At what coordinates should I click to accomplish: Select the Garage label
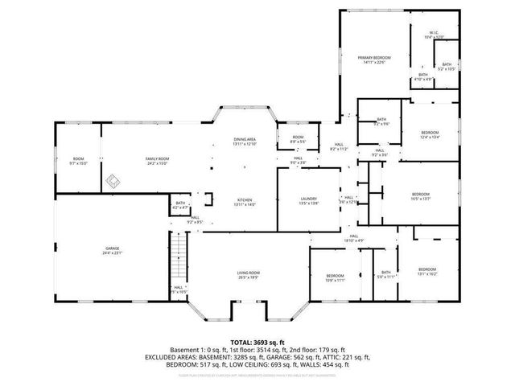point(112,249)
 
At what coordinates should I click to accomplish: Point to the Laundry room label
point(309,200)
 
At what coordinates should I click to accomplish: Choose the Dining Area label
point(245,138)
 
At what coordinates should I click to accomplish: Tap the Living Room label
point(248,273)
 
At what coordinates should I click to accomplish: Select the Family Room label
point(157,158)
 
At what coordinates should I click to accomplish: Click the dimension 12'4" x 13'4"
point(430,137)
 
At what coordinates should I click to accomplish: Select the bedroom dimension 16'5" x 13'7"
point(421,199)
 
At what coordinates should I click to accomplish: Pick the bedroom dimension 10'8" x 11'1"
point(335,281)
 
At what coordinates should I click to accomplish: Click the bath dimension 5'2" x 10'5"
point(447,69)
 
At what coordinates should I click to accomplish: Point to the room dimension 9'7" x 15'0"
point(78,163)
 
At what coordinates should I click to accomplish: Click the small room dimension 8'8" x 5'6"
point(298,142)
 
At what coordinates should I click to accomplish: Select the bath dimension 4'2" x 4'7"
point(181,208)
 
